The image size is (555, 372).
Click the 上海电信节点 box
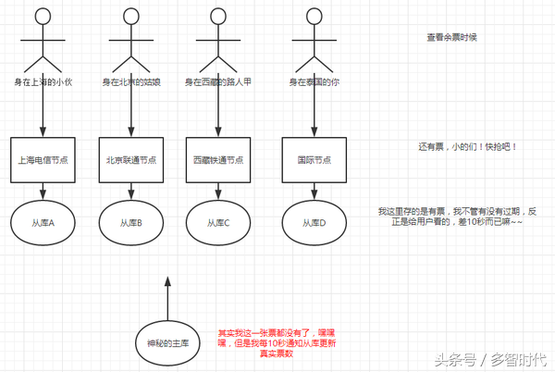coord(43,160)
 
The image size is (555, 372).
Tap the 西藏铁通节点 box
coord(218,160)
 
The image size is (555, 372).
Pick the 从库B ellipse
coord(130,222)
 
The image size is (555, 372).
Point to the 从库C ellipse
coord(218,222)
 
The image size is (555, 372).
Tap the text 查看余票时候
coord(451,38)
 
